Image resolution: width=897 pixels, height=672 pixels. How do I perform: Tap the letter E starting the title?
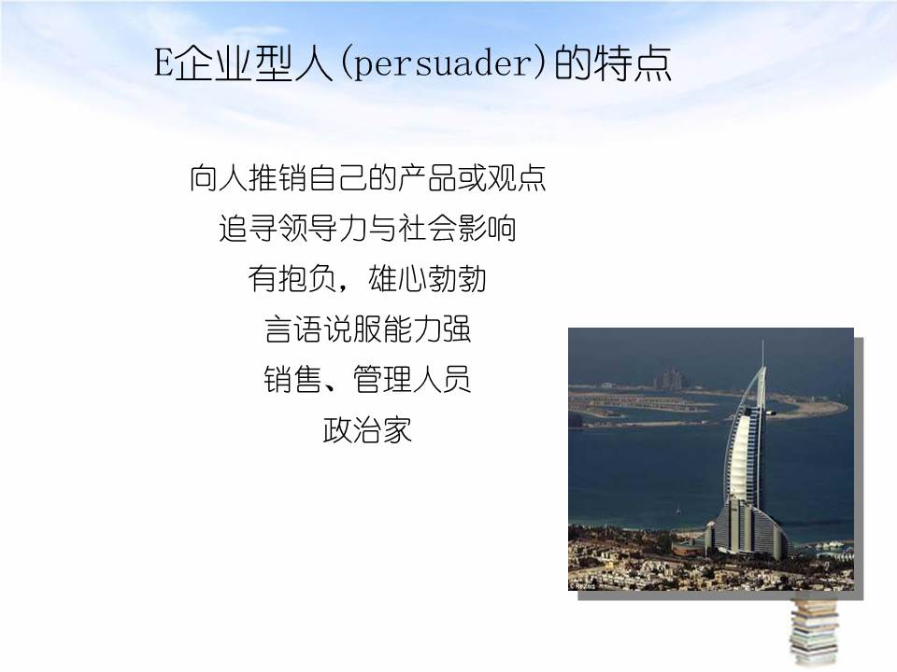tap(164, 65)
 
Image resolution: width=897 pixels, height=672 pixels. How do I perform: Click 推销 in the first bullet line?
tap(278, 178)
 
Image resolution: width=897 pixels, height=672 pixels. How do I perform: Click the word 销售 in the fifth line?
tap(292, 380)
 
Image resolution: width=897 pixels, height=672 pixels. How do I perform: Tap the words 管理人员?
tap(412, 380)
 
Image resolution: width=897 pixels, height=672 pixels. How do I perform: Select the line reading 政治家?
tap(367, 430)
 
